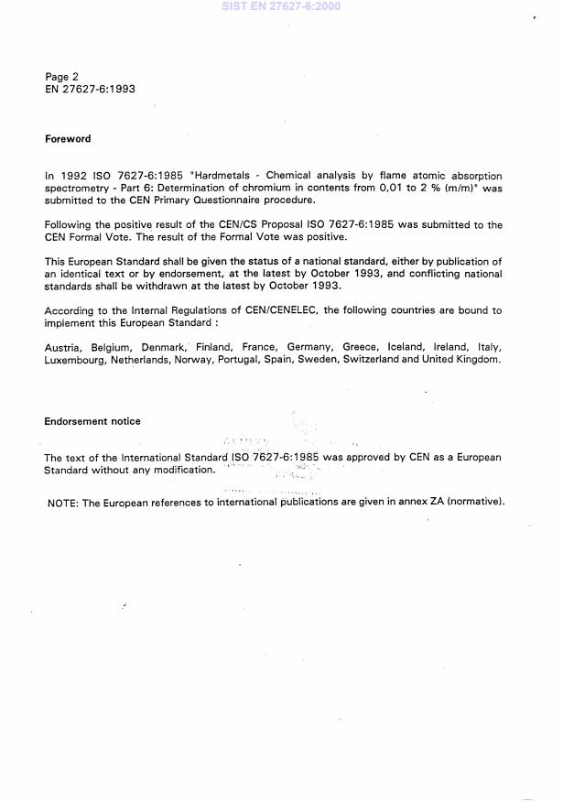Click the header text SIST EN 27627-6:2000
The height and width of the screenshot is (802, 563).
click(281, 6)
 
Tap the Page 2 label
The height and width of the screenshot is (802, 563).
click(61, 77)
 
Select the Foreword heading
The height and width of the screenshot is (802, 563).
click(68, 139)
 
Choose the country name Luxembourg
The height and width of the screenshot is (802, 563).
click(75, 360)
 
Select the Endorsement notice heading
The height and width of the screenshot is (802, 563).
click(92, 422)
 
